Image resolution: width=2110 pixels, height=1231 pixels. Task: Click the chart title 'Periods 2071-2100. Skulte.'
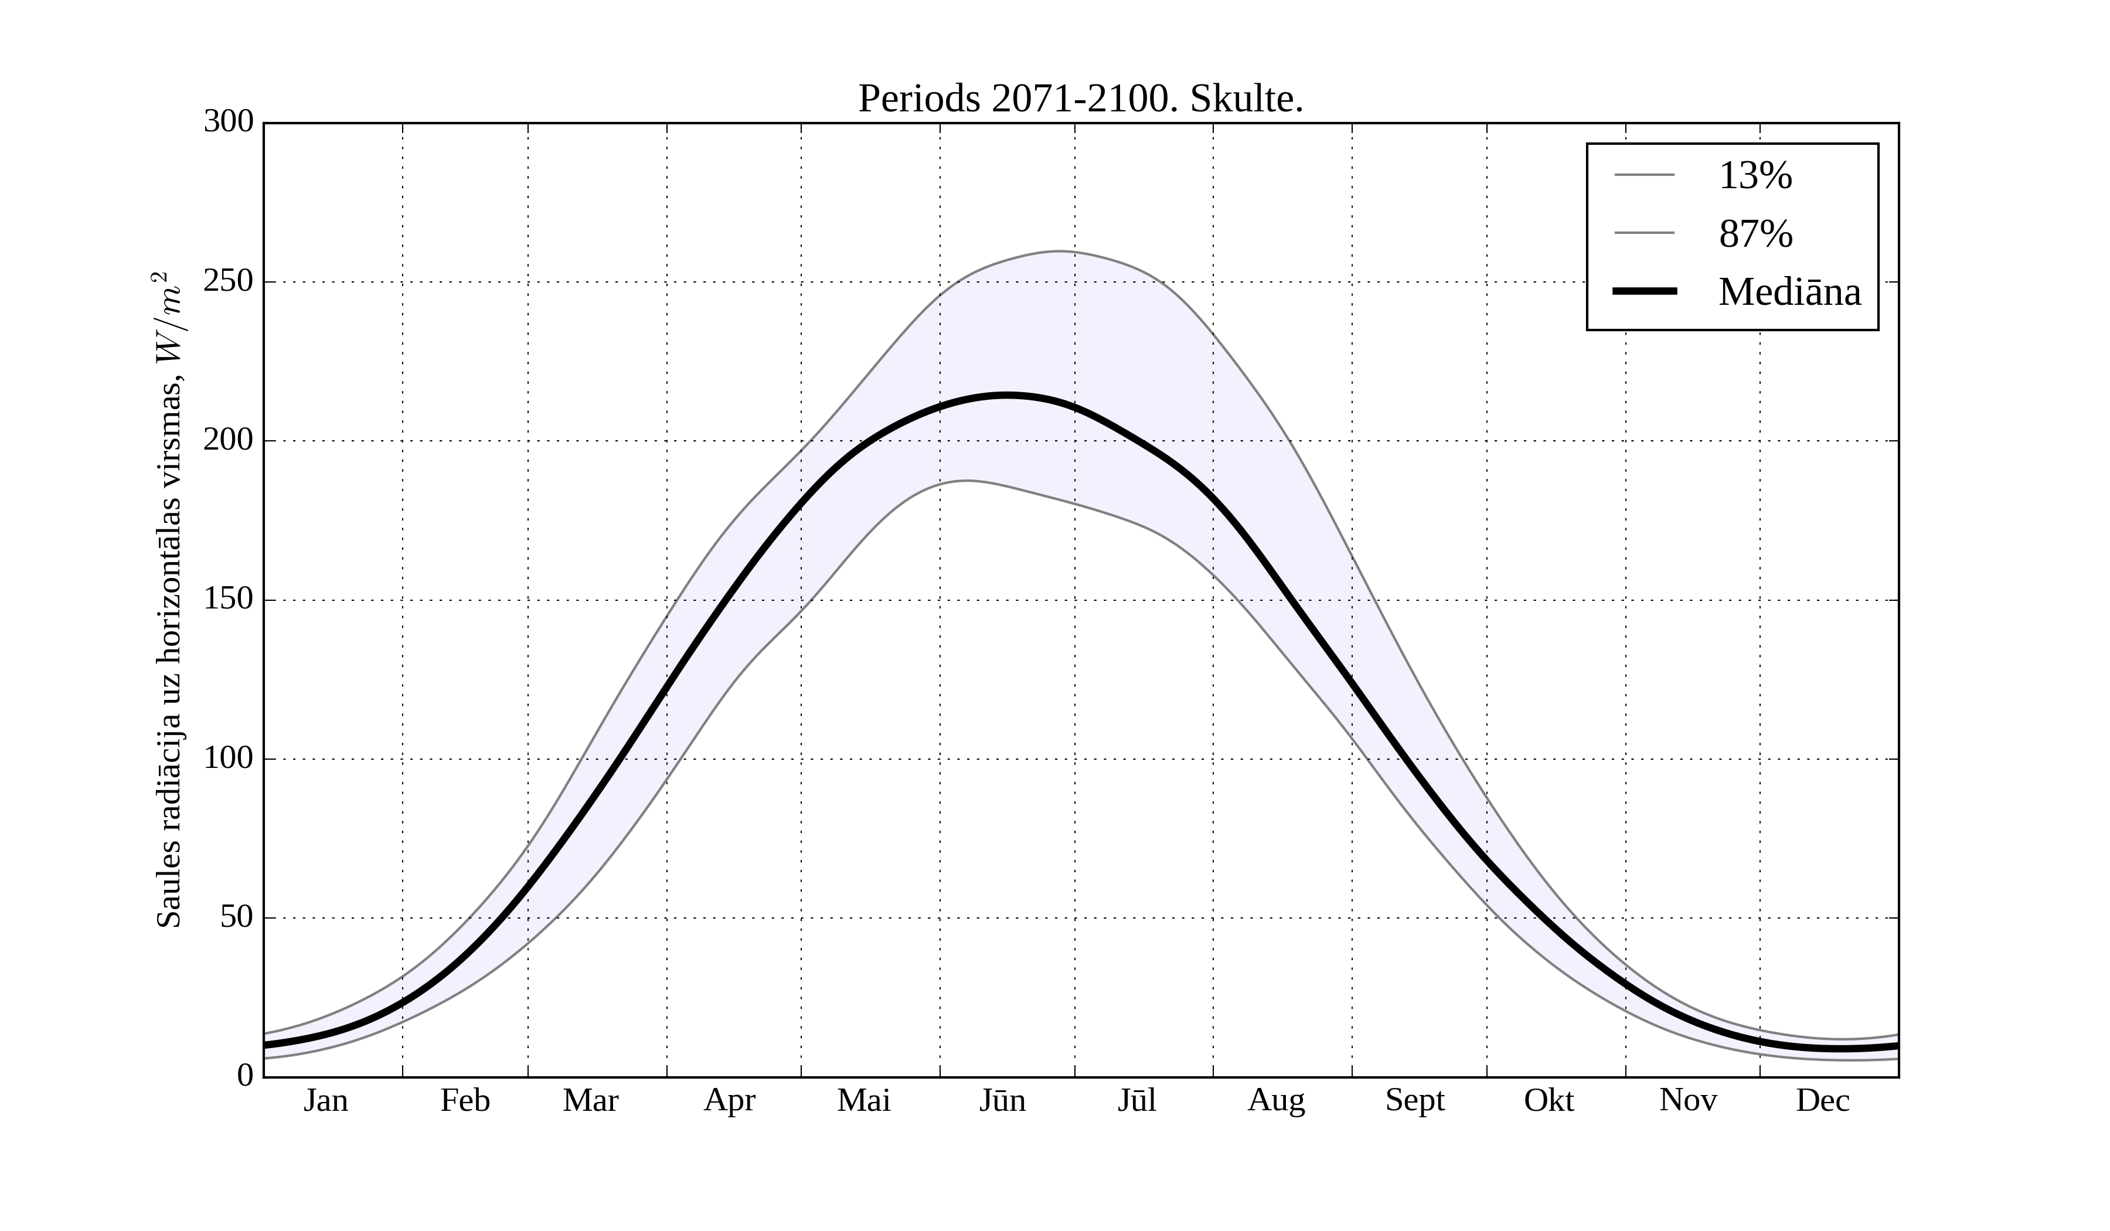click(x=1080, y=100)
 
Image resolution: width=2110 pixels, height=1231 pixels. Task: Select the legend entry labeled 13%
click(x=1755, y=176)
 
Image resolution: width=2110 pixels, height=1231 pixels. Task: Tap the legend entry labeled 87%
click(x=1755, y=234)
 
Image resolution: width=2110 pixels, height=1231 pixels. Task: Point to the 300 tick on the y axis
click(x=229, y=123)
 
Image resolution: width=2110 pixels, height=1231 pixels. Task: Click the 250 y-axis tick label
click(x=229, y=281)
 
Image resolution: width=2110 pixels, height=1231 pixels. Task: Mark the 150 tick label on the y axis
click(x=229, y=600)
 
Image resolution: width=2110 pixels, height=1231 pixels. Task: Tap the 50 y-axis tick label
click(x=237, y=918)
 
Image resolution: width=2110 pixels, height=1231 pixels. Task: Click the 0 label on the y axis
click(x=246, y=1075)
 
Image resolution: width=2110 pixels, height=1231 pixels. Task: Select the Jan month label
click(x=326, y=1100)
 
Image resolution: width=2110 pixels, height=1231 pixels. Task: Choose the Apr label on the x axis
click(x=729, y=1100)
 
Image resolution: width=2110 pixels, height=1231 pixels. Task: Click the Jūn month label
click(x=1002, y=1100)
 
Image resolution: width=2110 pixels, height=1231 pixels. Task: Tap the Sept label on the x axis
click(x=1415, y=1100)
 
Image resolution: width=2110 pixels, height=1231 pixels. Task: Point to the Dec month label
click(x=1823, y=1100)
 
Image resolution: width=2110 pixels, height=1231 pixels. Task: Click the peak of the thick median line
click(x=1006, y=395)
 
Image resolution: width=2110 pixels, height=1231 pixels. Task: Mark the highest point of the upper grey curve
click(x=1059, y=251)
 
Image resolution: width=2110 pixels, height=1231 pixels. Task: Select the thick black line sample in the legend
click(x=1645, y=291)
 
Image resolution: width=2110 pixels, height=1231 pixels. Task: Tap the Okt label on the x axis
click(x=1549, y=1100)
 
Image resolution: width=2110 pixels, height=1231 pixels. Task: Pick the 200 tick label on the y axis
click(x=229, y=440)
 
